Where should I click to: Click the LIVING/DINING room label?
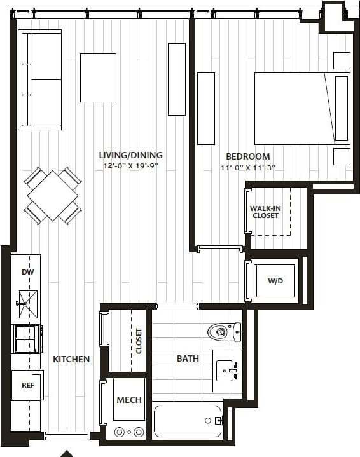(130, 155)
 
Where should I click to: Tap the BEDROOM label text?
(247, 156)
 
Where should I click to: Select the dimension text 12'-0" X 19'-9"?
(130, 165)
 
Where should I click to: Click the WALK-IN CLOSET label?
(265, 212)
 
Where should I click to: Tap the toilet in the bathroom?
(223, 331)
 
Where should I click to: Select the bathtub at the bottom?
(188, 421)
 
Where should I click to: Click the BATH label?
(188, 358)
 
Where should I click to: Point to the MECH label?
(128, 400)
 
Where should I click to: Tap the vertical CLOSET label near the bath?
(139, 341)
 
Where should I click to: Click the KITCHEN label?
(71, 359)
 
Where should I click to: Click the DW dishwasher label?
(27, 272)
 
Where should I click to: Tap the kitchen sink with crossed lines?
(27, 303)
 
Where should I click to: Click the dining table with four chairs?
(53, 196)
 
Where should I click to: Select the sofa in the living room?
(40, 79)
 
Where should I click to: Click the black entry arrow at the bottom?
(67, 453)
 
